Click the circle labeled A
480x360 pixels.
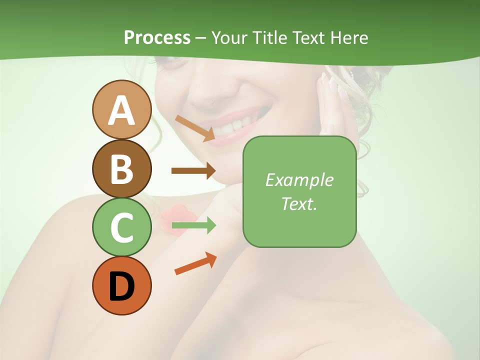pyautogui.click(x=121, y=109)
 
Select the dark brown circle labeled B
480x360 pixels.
pyautogui.click(x=121, y=168)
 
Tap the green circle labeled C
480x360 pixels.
pyautogui.click(x=121, y=227)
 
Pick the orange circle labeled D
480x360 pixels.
pyautogui.click(x=121, y=286)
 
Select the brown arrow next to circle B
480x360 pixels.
pyautogui.click(x=193, y=171)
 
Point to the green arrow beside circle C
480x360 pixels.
pyautogui.click(x=193, y=225)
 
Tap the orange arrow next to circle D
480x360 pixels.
pyautogui.click(x=195, y=263)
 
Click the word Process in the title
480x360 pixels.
pyautogui.click(x=157, y=37)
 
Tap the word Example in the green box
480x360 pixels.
pyautogui.click(x=299, y=180)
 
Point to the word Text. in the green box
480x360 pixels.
pyautogui.click(x=299, y=203)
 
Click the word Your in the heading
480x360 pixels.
pyautogui.click(x=229, y=37)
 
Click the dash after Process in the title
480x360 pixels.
pyautogui.click(x=201, y=38)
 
